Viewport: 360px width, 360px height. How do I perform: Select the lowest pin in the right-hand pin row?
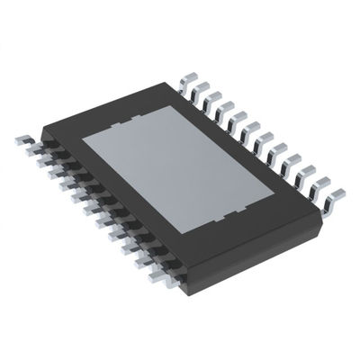335,193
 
